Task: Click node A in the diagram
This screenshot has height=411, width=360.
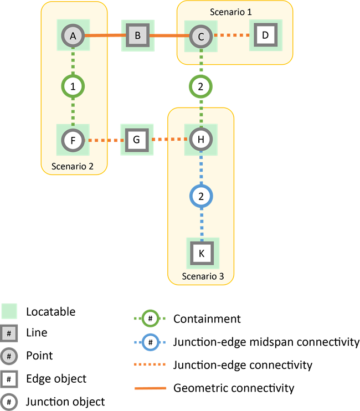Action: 73,36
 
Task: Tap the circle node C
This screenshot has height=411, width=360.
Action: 200,37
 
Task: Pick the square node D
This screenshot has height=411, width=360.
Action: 265,36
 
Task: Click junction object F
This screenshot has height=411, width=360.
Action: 73,140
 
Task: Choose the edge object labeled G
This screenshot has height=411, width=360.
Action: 137,140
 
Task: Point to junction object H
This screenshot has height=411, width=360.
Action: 200,140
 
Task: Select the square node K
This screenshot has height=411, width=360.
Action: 202,253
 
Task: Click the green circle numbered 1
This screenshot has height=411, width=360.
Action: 73,86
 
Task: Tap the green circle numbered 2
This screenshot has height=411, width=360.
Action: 200,86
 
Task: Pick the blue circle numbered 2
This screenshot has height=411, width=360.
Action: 202,196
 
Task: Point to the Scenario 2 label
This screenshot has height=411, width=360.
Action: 72,166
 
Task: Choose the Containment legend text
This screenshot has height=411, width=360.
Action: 207,318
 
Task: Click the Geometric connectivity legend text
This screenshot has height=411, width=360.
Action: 233,388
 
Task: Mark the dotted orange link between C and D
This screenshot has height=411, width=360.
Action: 232,36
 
